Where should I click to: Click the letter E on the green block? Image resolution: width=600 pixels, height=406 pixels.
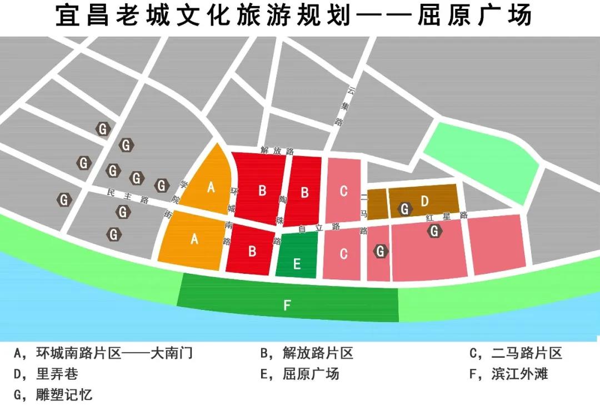point(297,263)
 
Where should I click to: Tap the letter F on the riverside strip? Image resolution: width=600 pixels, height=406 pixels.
point(287,305)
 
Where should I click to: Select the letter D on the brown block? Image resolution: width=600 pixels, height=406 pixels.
point(424,200)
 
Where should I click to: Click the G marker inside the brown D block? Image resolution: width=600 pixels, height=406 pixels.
point(405,209)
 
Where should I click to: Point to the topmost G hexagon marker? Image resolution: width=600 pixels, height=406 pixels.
point(103,129)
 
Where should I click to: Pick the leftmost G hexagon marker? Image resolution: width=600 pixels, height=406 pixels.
point(65,199)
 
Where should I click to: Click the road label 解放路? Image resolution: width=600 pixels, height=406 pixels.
point(276,151)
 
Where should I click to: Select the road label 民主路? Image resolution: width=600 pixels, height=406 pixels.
point(128,196)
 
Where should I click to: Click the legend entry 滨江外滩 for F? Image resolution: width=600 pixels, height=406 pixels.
point(519,373)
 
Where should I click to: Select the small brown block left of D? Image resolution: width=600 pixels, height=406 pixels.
point(377,204)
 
